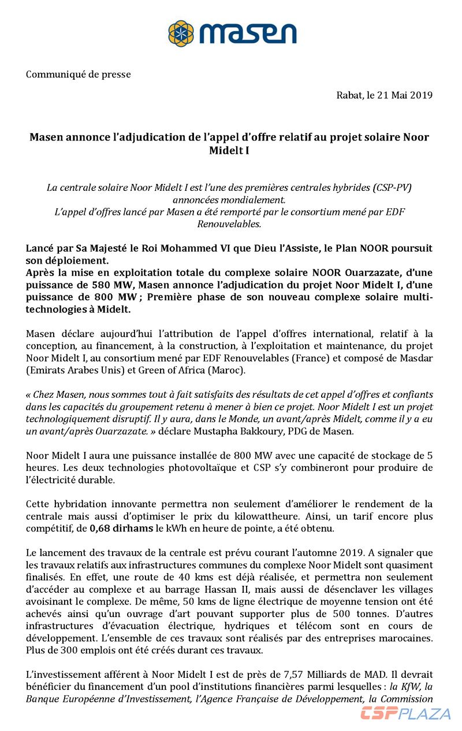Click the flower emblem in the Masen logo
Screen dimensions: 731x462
pyautogui.click(x=181, y=33)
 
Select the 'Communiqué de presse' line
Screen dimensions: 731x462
pyautogui.click(x=79, y=75)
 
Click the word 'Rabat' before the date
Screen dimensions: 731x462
pyautogui.click(x=349, y=95)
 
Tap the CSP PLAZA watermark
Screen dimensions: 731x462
pyautogui.click(x=406, y=713)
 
